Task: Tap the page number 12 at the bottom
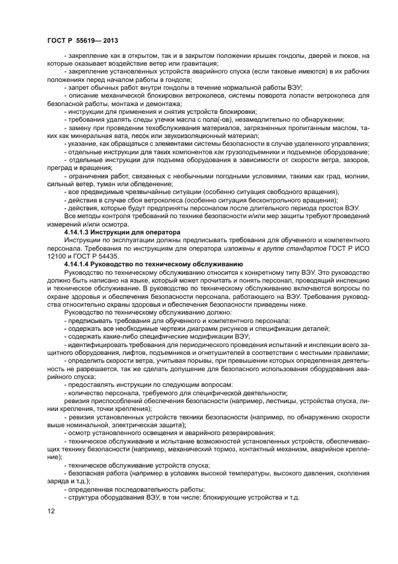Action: click(x=51, y=511)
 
